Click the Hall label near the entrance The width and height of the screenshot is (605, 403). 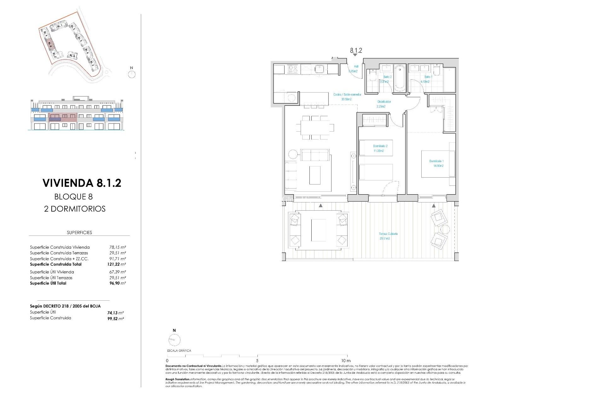[x=356, y=67]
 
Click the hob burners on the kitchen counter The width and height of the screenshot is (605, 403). [x=293, y=69]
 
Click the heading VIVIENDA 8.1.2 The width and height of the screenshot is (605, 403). [x=82, y=183]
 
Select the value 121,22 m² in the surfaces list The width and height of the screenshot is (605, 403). [x=116, y=264]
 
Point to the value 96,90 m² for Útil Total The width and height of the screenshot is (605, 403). [x=117, y=283]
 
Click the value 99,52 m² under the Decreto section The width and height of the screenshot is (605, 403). [x=115, y=319]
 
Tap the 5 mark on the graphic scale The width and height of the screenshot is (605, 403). [x=257, y=360]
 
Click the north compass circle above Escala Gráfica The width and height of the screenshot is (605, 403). [x=174, y=340]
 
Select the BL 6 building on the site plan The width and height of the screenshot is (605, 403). [x=72, y=56]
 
